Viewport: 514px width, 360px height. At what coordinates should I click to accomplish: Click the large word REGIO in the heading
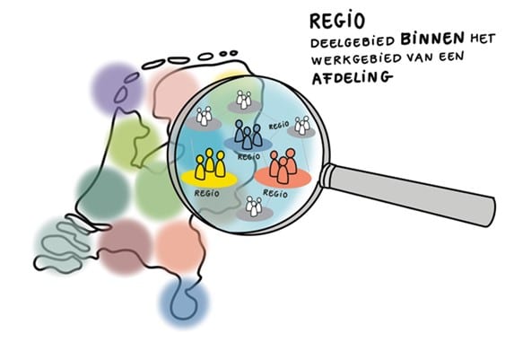337,21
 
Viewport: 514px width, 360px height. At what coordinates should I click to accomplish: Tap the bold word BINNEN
432,39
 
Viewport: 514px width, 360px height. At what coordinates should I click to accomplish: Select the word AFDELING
353,77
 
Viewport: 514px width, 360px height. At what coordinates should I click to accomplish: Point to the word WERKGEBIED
356,59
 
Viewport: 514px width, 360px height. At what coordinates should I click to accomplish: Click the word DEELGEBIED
353,42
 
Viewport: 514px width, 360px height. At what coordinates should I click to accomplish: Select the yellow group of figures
210,164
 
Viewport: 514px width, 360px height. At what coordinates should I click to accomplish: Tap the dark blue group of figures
248,134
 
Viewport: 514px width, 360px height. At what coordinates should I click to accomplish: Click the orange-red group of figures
283,166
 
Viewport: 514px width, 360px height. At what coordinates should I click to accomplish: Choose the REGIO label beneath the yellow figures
207,193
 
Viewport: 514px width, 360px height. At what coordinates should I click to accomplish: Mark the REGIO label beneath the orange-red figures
275,194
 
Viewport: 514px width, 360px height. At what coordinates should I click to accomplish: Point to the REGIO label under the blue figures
249,156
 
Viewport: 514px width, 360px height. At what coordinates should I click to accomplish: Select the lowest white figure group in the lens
254,206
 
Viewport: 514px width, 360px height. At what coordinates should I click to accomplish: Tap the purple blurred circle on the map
117,89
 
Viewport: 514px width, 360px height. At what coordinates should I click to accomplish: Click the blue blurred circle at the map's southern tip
184,303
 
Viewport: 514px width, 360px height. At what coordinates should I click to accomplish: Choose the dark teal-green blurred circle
103,194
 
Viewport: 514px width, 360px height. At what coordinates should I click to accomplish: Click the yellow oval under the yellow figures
210,178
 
